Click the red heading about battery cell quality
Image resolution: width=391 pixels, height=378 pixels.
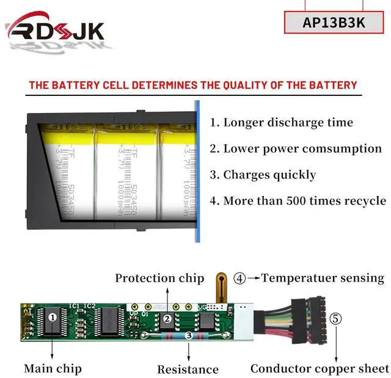pos(192,85)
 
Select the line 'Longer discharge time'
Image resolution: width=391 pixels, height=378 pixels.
pos(282,122)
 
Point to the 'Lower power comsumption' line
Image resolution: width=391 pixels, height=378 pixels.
pos(296,148)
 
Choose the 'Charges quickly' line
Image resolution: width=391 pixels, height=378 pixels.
pos(263,175)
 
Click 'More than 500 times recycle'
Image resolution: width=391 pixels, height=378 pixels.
pos(298,201)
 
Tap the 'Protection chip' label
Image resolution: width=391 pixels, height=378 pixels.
pos(159,278)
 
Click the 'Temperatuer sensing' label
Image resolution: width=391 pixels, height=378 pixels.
pos(323,278)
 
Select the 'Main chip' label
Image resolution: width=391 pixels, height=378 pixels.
pos(53,368)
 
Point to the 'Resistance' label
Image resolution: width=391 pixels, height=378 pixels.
pos(188,369)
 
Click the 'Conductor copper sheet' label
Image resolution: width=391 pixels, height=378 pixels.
pos(320,368)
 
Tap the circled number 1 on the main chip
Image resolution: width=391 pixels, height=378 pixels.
pos(53,317)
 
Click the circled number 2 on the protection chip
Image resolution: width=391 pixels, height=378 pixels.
pos(166,318)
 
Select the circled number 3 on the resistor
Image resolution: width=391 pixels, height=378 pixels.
pos(188,335)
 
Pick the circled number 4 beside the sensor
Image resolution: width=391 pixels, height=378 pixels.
pos(240,278)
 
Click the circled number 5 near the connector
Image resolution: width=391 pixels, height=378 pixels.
pos(336,319)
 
